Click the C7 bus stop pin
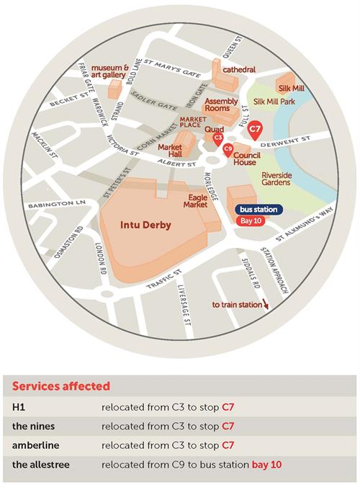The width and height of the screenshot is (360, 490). pyautogui.click(x=255, y=130)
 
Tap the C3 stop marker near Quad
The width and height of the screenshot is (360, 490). pyautogui.click(x=218, y=139)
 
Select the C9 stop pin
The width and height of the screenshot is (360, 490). pyautogui.click(x=228, y=150)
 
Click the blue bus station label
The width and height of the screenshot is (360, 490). pyautogui.click(x=258, y=210)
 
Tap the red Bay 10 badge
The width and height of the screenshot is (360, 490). pyautogui.click(x=251, y=221)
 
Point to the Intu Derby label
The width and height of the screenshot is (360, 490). pyautogui.click(x=145, y=225)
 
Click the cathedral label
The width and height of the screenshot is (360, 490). pyautogui.click(x=239, y=69)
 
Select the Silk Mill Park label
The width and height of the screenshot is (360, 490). pyautogui.click(x=274, y=102)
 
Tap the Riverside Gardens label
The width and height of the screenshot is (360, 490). pyautogui.click(x=276, y=179)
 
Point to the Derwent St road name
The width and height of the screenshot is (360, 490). pyautogui.click(x=285, y=141)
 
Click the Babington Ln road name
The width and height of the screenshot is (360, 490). pyautogui.click(x=56, y=204)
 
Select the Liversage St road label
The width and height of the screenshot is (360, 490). pyautogui.click(x=184, y=305)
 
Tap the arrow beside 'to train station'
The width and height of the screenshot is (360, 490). pyautogui.click(x=266, y=304)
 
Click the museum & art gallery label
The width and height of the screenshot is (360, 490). pyautogui.click(x=110, y=71)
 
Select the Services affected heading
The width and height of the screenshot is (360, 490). pyautogui.click(x=61, y=386)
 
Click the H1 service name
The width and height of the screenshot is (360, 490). pyautogui.click(x=19, y=407)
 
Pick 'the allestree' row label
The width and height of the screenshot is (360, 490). pyautogui.click(x=41, y=464)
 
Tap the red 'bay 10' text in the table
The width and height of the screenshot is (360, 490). pyautogui.click(x=266, y=465)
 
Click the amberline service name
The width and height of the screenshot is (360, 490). pyautogui.click(x=35, y=445)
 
